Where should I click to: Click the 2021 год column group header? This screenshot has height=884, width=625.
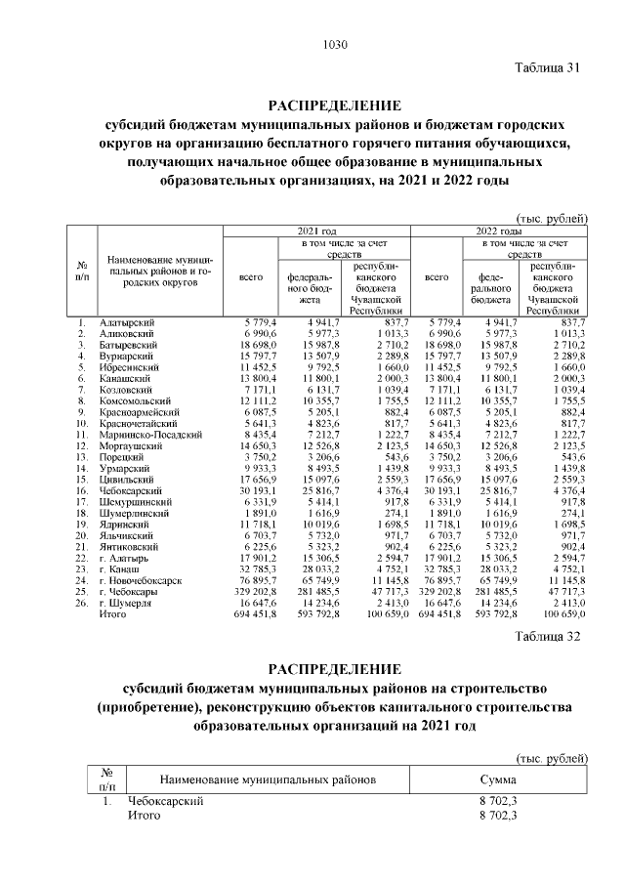pos(316,229)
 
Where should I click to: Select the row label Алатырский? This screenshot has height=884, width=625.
pos(127,321)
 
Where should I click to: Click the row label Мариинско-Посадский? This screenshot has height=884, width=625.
pos(150,435)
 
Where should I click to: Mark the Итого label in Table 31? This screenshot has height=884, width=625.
pos(113,615)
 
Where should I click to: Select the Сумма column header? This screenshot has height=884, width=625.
pos(497,780)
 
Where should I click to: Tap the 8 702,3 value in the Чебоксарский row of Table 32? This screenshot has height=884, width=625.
pos(497,801)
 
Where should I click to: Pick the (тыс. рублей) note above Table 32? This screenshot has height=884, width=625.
pos(552,758)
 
